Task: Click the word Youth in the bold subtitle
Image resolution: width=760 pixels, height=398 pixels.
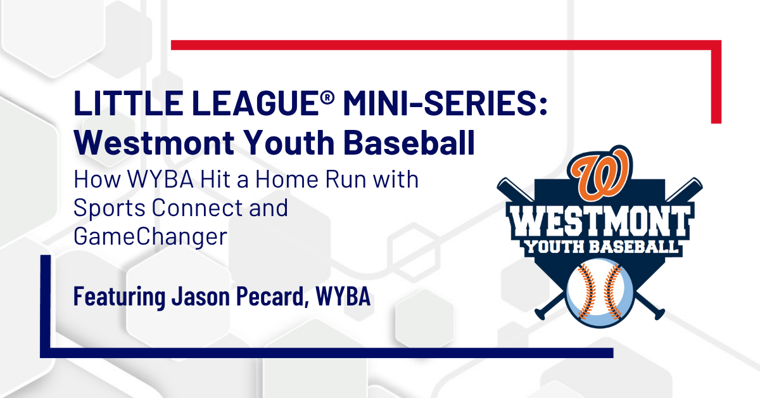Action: point(289,143)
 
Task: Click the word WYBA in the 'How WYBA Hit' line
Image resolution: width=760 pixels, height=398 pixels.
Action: point(160,179)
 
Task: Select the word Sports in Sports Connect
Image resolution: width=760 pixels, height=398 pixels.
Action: point(109,209)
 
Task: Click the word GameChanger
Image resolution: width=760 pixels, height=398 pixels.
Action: point(150,237)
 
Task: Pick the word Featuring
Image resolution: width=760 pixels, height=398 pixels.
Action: point(120,297)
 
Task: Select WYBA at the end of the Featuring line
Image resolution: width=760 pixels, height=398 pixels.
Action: point(343,297)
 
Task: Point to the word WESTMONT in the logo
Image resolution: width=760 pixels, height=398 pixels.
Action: point(599,222)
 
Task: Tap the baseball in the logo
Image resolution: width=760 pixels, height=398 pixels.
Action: point(600,293)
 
